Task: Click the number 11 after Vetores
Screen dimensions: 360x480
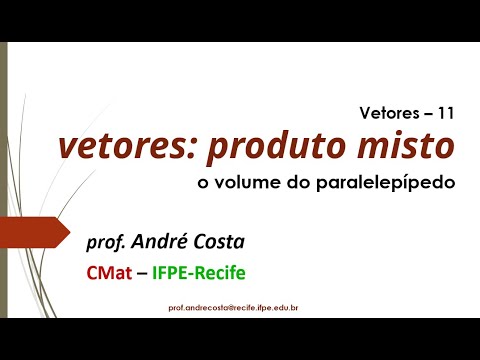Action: (x=445, y=114)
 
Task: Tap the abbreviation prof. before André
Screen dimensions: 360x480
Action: (x=107, y=241)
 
